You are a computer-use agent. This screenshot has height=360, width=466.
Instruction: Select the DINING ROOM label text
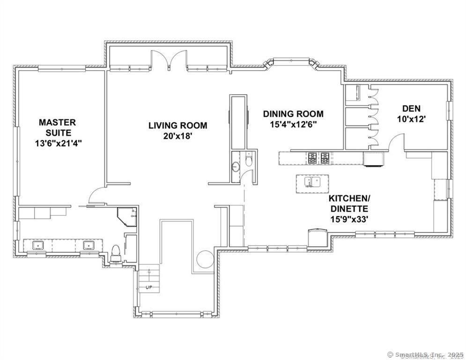[x=293, y=114]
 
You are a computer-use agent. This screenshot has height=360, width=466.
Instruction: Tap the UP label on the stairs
[x=149, y=286]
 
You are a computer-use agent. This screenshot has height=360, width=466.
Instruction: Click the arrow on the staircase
[x=149, y=273]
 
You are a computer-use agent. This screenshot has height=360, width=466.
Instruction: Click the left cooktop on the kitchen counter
[x=312, y=158]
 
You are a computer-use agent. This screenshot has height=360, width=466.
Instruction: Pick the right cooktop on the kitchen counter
[x=325, y=158]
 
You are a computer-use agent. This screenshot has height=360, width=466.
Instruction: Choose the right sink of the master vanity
[x=89, y=245]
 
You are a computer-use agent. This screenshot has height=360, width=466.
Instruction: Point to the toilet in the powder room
[x=249, y=161]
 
